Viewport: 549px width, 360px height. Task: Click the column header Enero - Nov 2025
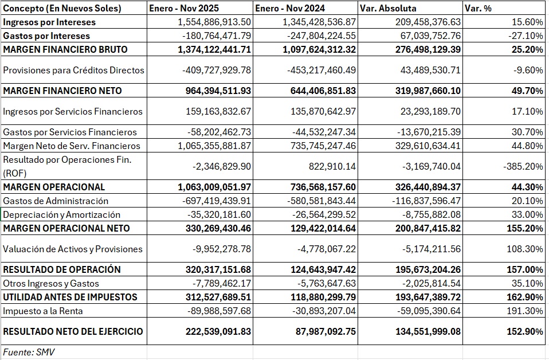(x=184, y=8)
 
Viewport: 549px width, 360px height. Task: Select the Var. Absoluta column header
(x=388, y=8)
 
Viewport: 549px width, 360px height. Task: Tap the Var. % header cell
(x=478, y=8)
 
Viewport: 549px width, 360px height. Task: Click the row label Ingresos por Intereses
(x=49, y=22)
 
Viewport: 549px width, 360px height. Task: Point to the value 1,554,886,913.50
(x=214, y=22)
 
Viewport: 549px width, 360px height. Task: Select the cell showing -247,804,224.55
(x=321, y=36)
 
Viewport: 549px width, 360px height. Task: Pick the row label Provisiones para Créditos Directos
(x=73, y=70)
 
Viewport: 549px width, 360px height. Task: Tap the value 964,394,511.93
(x=218, y=91)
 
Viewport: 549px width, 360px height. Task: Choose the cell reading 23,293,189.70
(x=430, y=111)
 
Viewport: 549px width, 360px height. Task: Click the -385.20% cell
(x=523, y=166)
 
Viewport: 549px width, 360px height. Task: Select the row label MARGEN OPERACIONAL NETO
(x=66, y=228)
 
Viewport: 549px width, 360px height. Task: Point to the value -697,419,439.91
(x=217, y=201)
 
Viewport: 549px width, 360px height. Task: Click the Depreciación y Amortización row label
(x=62, y=214)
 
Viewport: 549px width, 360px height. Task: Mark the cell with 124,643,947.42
(x=323, y=269)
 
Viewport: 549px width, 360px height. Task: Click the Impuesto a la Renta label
(x=43, y=311)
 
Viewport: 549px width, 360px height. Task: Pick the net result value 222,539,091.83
(x=218, y=331)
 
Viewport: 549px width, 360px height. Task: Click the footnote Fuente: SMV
(x=29, y=352)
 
